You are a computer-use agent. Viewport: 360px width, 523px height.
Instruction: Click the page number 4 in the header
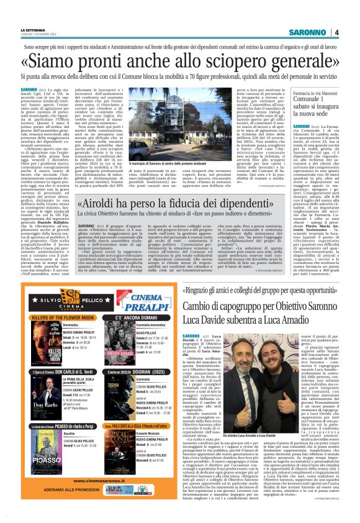point(336,32)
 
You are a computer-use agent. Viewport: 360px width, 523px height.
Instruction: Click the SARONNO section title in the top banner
point(309,32)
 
